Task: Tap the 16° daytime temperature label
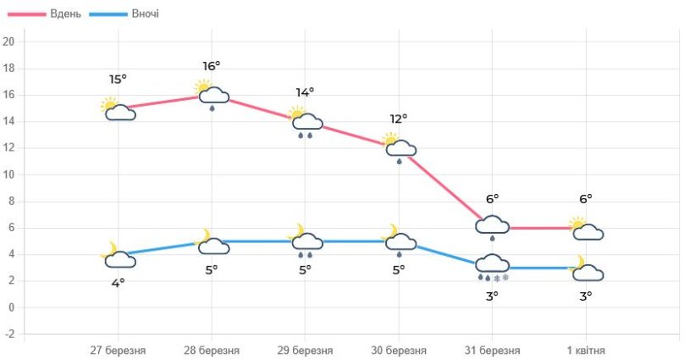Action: pyautogui.click(x=212, y=66)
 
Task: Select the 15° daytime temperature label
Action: pyautogui.click(x=118, y=80)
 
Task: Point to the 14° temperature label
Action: pyautogui.click(x=305, y=92)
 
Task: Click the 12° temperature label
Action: pyautogui.click(x=399, y=119)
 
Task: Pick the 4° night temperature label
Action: pyautogui.click(x=118, y=282)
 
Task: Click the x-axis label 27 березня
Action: pyautogui.click(x=118, y=350)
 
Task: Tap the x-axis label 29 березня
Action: pyautogui.click(x=305, y=350)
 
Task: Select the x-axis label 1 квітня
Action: pyautogui.click(x=586, y=350)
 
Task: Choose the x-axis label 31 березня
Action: pyautogui.click(x=492, y=350)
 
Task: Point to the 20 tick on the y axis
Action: pyautogui.click(x=8, y=42)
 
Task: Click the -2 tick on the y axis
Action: pyautogui.click(x=8, y=334)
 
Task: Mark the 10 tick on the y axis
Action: pyautogui.click(x=8, y=174)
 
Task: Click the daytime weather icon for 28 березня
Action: pyautogui.click(x=212, y=95)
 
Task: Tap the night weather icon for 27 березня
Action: pyautogui.click(x=118, y=256)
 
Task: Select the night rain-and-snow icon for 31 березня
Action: pyautogui.click(x=493, y=267)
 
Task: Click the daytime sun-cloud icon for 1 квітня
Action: pyautogui.click(x=586, y=229)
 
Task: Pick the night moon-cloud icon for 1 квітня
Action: pyautogui.click(x=586, y=269)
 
